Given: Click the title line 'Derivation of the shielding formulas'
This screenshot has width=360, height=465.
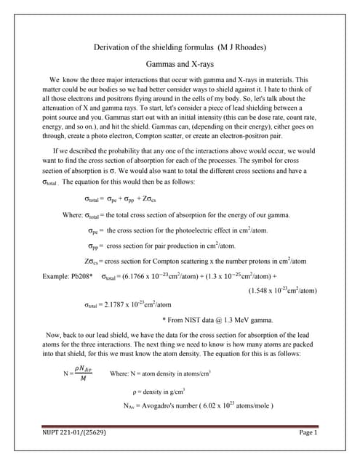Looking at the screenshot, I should [158, 48].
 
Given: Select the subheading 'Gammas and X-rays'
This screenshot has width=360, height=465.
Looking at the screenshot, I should [180, 64].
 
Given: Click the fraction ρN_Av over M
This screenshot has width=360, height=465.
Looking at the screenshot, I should [83, 374].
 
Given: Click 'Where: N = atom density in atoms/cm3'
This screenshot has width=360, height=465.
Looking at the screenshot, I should [159, 373].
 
